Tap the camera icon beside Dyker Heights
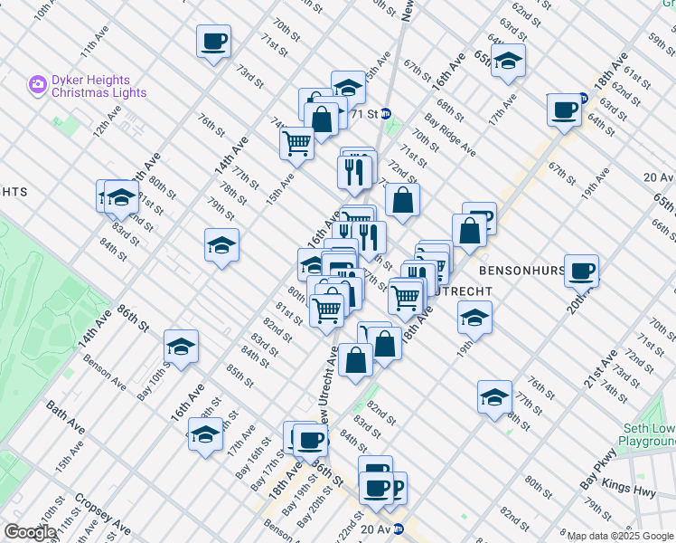coord(38,84)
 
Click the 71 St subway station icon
coord(386,114)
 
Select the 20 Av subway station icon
coord(398,529)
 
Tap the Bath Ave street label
coord(66,414)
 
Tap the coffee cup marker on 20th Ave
coord(581,270)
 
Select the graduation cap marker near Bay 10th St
coord(181,347)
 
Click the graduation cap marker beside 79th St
coord(221,245)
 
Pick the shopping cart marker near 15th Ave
coord(296,142)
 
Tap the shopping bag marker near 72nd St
coord(402,199)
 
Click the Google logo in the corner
coord(30,532)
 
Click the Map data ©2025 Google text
coord(620,536)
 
